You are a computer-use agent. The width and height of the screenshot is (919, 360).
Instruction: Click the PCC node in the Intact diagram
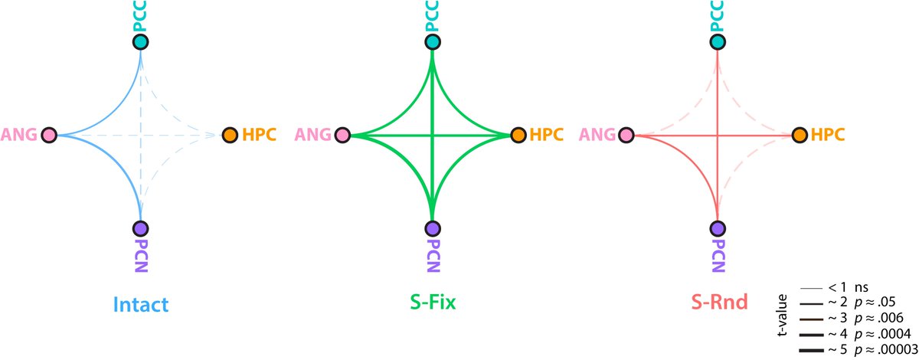(140, 42)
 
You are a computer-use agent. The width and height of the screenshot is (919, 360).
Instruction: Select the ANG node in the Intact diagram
(50, 136)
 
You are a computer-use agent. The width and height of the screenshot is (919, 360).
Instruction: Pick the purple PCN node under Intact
(140, 228)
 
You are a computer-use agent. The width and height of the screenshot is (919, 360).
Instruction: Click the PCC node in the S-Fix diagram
(433, 42)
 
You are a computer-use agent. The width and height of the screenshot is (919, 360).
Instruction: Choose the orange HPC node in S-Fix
(518, 136)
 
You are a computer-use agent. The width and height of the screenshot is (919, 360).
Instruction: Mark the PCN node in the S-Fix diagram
(433, 228)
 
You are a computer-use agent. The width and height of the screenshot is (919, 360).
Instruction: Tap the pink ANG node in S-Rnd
(627, 136)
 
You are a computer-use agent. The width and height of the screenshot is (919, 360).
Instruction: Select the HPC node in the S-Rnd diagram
(800, 136)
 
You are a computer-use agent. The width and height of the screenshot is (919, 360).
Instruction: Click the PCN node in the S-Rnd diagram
(718, 228)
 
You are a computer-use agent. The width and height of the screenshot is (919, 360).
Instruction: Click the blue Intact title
(140, 304)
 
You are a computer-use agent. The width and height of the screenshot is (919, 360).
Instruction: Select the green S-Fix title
(432, 304)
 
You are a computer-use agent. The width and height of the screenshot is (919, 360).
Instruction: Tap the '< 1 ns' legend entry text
(846, 288)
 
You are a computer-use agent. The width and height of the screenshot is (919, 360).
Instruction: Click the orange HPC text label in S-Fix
(545, 136)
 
